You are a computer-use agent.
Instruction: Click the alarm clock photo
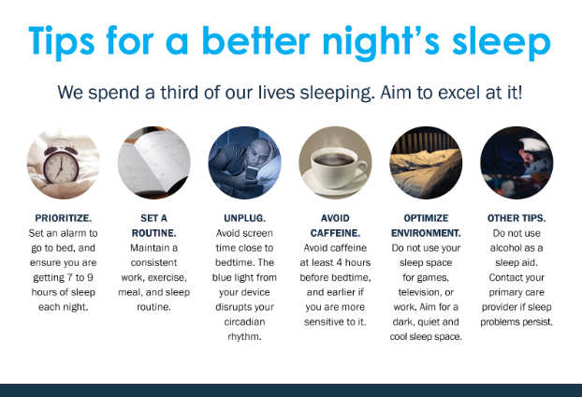[x=64, y=163]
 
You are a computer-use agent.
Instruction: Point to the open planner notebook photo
[x=154, y=163]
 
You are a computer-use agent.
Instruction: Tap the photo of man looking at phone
[x=244, y=163]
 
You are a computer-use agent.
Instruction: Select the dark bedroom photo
[x=426, y=163]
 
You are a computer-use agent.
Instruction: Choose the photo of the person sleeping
[x=516, y=163]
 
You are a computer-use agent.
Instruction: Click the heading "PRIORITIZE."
[x=64, y=218]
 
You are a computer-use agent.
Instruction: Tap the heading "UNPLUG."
[x=244, y=218]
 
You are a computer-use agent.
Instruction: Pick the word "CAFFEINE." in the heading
[x=334, y=233]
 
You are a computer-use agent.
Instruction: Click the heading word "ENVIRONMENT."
[x=426, y=233]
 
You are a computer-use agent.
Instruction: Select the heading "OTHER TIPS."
[x=517, y=218]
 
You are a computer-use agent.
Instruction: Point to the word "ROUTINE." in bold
[x=153, y=233]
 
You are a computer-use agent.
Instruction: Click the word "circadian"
[x=244, y=321]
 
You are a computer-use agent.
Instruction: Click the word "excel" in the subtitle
[x=444, y=94]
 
